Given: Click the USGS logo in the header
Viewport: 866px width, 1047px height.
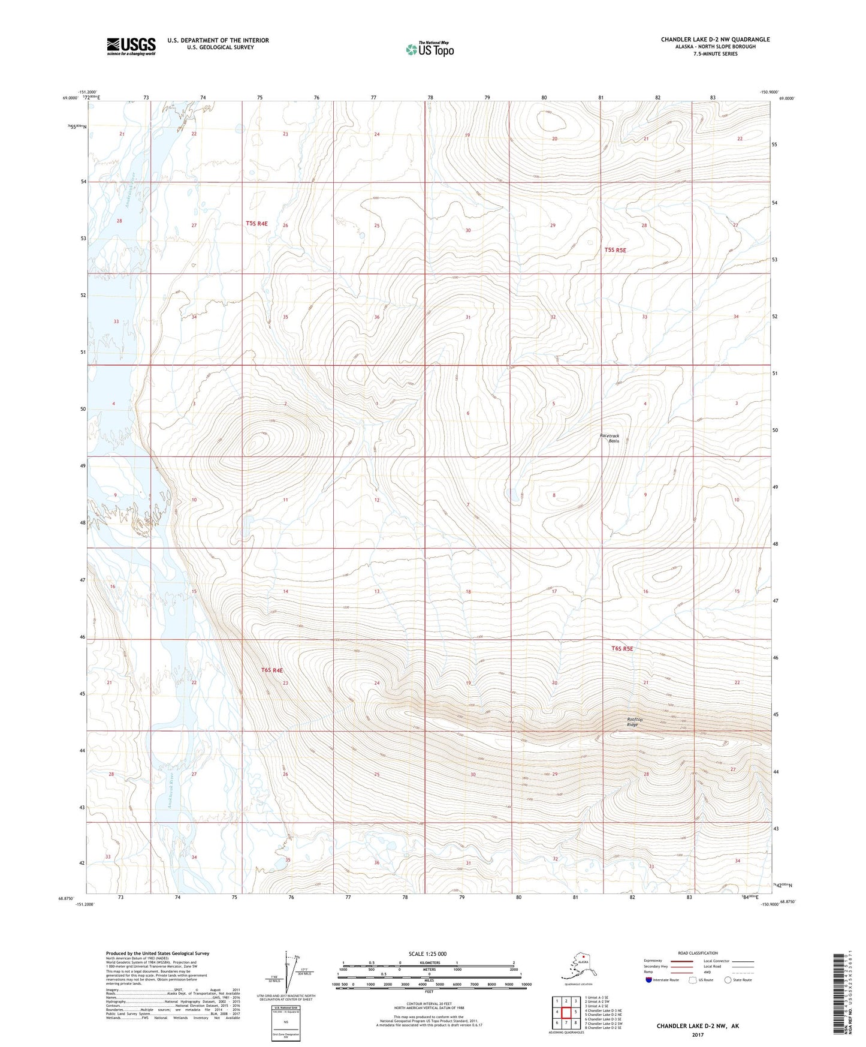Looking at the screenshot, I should point(131,46).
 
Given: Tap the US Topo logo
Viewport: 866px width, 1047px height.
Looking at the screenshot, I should point(429,49).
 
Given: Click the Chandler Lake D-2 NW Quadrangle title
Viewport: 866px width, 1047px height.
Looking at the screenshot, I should point(715,40).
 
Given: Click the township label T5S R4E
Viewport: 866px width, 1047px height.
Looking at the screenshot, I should point(257,224).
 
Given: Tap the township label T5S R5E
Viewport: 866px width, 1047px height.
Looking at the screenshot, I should point(615,250).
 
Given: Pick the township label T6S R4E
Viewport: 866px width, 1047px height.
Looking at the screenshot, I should point(271,670).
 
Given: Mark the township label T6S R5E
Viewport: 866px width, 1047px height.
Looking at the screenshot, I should point(622,648).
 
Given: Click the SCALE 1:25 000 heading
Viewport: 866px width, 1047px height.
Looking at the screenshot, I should point(428,953).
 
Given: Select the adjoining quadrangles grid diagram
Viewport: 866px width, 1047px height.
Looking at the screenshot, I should point(566,1013).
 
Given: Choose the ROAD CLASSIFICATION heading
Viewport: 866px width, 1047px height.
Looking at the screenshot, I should point(698,953).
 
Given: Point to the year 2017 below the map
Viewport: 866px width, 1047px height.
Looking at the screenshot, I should point(698,1034).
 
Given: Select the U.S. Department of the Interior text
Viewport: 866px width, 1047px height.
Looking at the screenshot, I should point(218,40).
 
